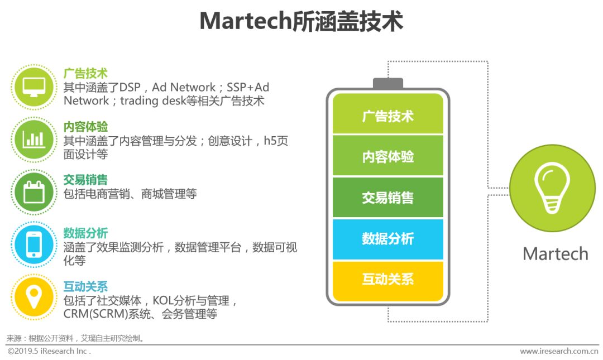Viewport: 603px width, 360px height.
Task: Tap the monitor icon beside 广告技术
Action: pyautogui.click(x=33, y=87)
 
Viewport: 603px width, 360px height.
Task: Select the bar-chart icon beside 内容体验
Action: pyautogui.click(x=33, y=140)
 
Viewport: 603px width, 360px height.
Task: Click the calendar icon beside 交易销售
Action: pyautogui.click(x=33, y=193)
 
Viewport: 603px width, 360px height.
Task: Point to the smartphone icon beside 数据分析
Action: pyautogui.click(x=33, y=244)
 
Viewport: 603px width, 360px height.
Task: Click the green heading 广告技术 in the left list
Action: pyautogui.click(x=85, y=74)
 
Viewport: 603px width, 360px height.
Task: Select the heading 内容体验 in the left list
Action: pyautogui.click(x=85, y=127)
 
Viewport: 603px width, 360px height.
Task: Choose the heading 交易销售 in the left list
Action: pyautogui.click(x=85, y=180)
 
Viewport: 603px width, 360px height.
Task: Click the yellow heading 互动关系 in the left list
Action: pyautogui.click(x=85, y=287)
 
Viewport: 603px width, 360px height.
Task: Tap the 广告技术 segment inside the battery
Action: pyautogui.click(x=387, y=116)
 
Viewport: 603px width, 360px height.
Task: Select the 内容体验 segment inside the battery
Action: pyautogui.click(x=387, y=157)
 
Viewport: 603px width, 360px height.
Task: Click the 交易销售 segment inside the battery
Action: pyautogui.click(x=387, y=198)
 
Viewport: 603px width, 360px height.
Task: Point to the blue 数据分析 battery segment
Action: pyautogui.click(x=387, y=239)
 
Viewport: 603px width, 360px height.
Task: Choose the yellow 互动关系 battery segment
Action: pyautogui.click(x=387, y=280)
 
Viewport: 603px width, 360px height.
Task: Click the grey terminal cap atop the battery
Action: pyautogui.click(x=387, y=84)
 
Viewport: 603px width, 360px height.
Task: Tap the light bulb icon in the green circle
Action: pyautogui.click(x=552, y=188)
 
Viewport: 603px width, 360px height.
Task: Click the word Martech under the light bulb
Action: pyautogui.click(x=555, y=254)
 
